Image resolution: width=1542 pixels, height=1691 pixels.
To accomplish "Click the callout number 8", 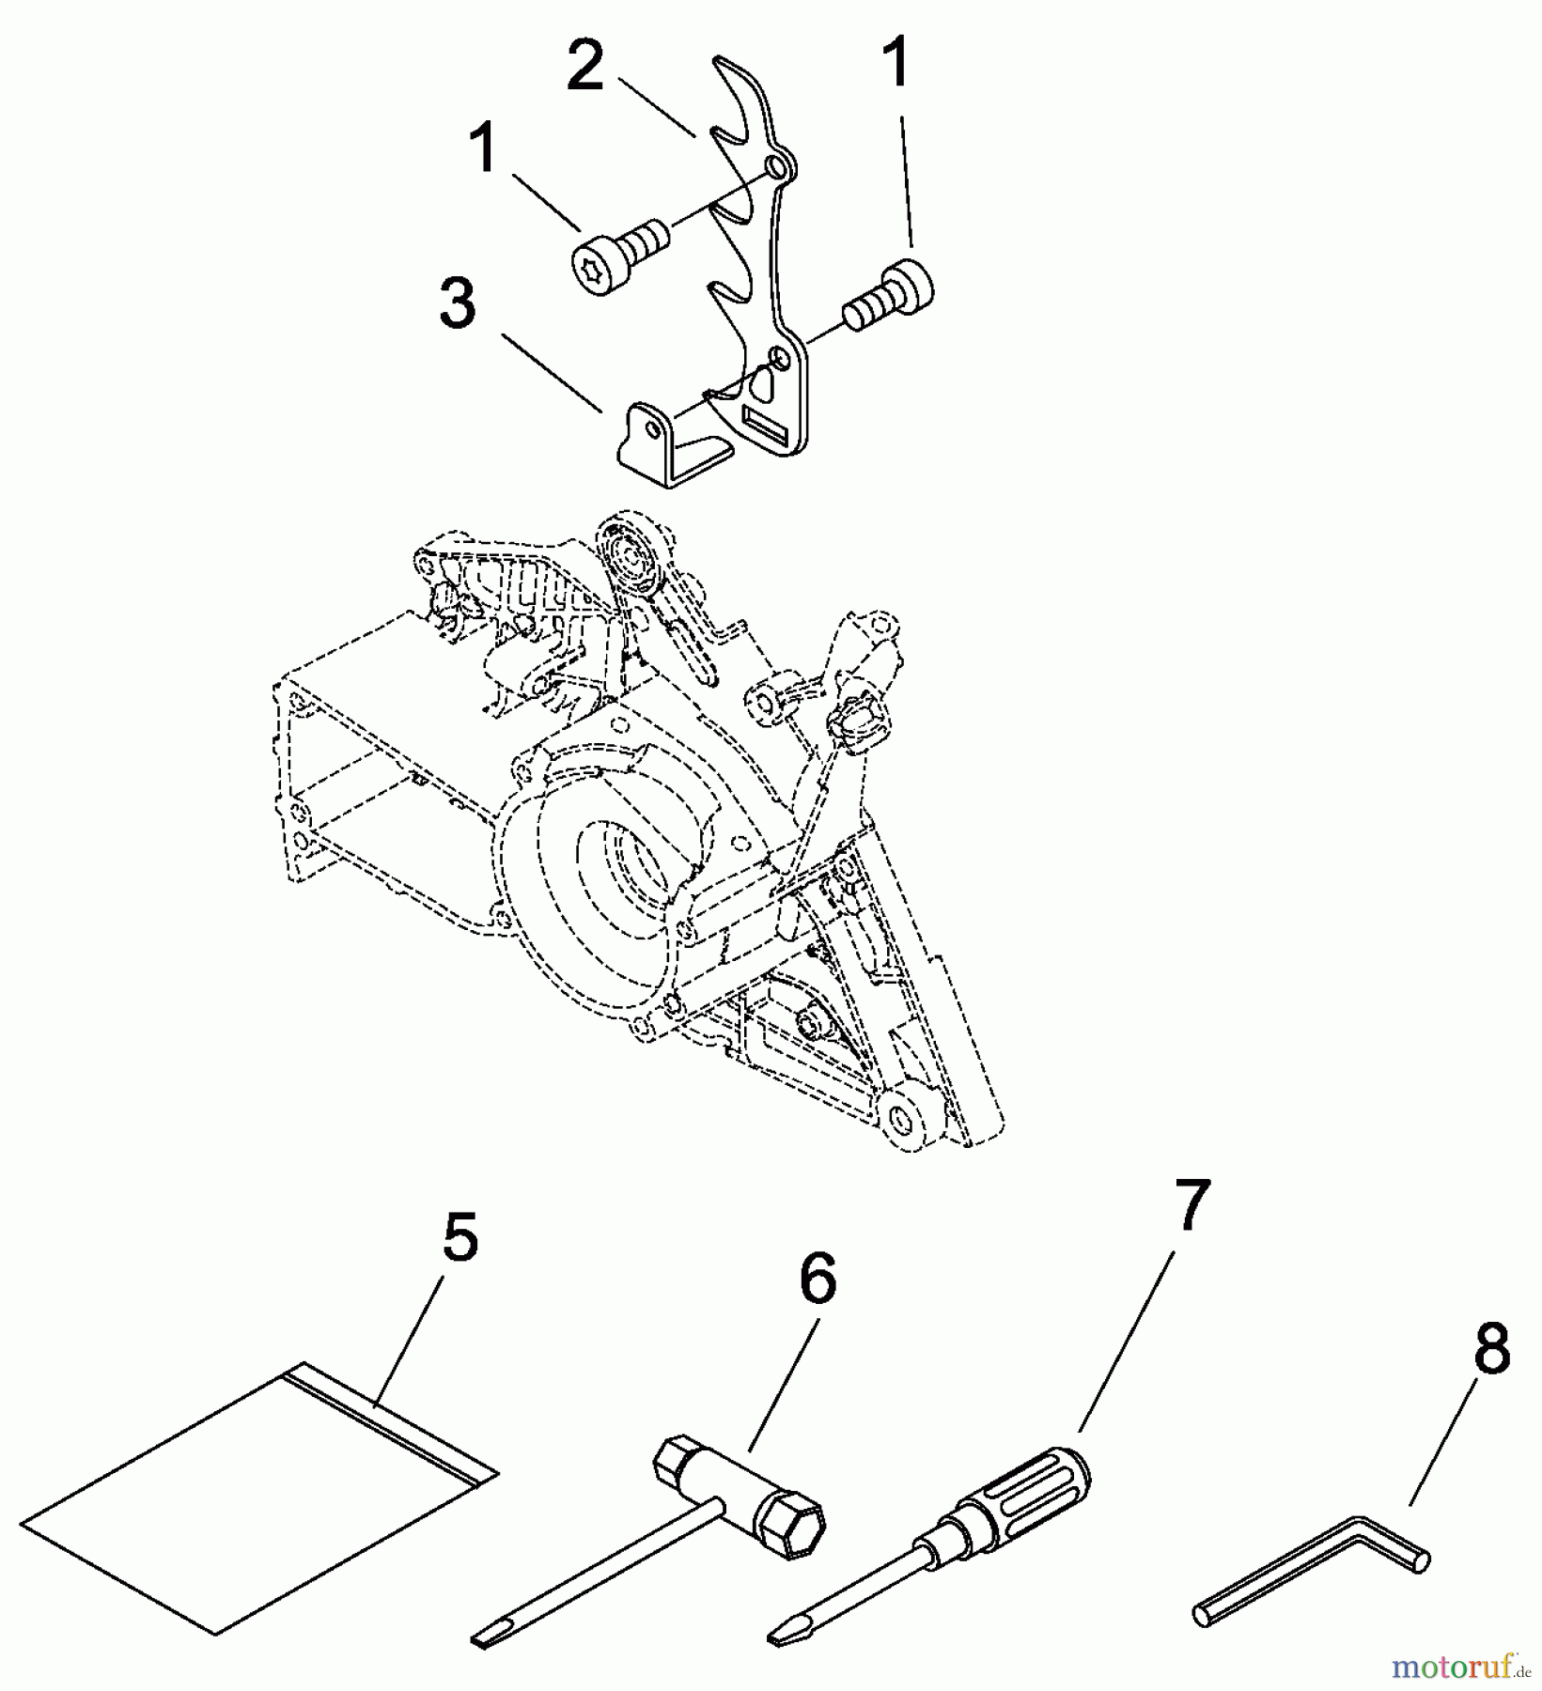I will [x=1491, y=1349].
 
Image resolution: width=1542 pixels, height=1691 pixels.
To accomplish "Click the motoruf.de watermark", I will [x=1462, y=1668].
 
